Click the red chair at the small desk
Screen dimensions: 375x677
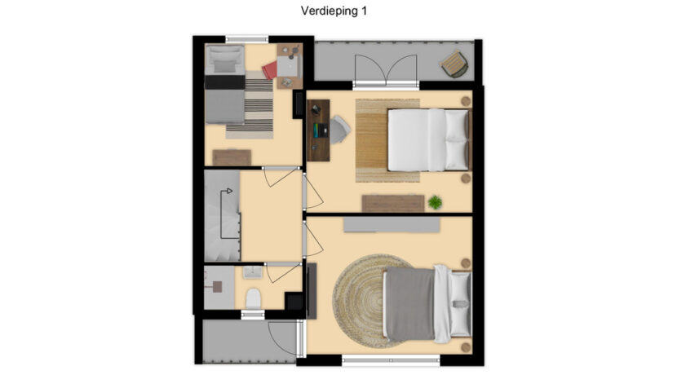271,71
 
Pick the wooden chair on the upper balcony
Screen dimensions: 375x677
454,63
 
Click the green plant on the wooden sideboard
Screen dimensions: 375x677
435,201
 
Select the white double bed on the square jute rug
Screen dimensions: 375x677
428,140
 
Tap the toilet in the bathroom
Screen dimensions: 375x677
252,298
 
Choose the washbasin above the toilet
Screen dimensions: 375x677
252,272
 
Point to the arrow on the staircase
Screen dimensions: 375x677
228,191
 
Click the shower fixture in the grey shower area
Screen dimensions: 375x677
218,286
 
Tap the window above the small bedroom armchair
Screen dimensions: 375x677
246,38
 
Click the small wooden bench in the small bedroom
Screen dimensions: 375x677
232,156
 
